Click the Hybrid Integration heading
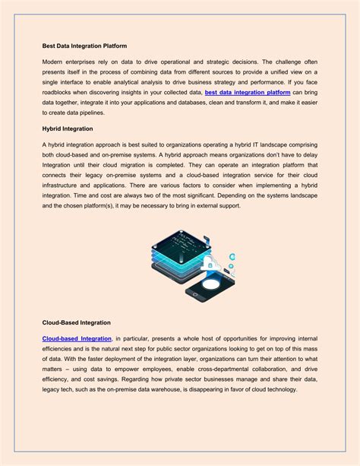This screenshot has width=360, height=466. [x=68, y=128]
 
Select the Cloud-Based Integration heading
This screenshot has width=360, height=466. [x=76, y=323]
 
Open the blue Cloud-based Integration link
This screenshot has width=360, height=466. [x=77, y=338]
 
